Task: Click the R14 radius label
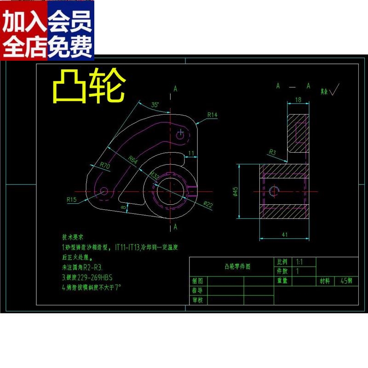coord(212,115)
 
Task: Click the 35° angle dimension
coord(155,105)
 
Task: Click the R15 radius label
coord(72,200)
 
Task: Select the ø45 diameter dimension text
coord(235,191)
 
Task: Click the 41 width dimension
coord(285,234)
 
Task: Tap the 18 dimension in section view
coord(298,99)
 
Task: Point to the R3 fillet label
coord(272,151)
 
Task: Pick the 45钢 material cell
coord(346,281)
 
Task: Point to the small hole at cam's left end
coord(104,190)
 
